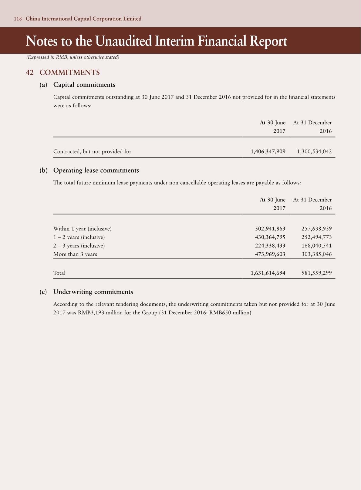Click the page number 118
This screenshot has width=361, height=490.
pyautogui.click(x=18, y=19)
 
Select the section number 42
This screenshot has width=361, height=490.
pyautogui.click(x=30, y=73)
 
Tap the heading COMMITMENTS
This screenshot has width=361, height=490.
pyautogui.click(x=70, y=73)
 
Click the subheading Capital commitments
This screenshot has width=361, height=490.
pyautogui.click(x=84, y=85)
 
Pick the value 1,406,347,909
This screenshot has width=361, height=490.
pyautogui.click(x=268, y=151)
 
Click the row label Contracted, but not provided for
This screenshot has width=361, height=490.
pyautogui.click(x=92, y=151)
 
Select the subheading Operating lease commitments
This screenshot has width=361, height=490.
pyautogui.click(x=96, y=170)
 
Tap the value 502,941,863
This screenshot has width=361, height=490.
pyautogui.click(x=270, y=228)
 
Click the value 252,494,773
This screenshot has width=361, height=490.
pyautogui.click(x=316, y=237)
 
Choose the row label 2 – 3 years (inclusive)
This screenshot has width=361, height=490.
pyautogui.click(x=79, y=245)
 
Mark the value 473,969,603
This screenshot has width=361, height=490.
pyautogui.click(x=270, y=254)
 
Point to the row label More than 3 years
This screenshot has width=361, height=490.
pyautogui.click(x=75, y=254)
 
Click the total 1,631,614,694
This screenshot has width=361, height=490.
pyautogui.click(x=268, y=273)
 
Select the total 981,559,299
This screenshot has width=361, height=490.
pyautogui.click(x=316, y=273)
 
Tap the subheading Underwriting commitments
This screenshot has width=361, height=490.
pyautogui.click(x=93, y=292)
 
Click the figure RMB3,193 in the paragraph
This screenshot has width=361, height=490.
pyautogui.click(x=90, y=313)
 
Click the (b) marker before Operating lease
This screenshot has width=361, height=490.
pyautogui.click(x=44, y=170)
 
